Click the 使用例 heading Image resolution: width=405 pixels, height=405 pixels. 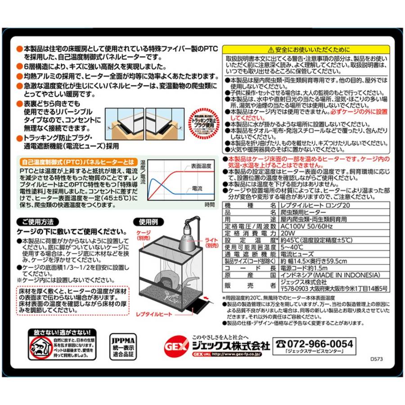click(x=148, y=221)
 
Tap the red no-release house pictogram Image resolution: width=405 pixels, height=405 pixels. click(x=40, y=347)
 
